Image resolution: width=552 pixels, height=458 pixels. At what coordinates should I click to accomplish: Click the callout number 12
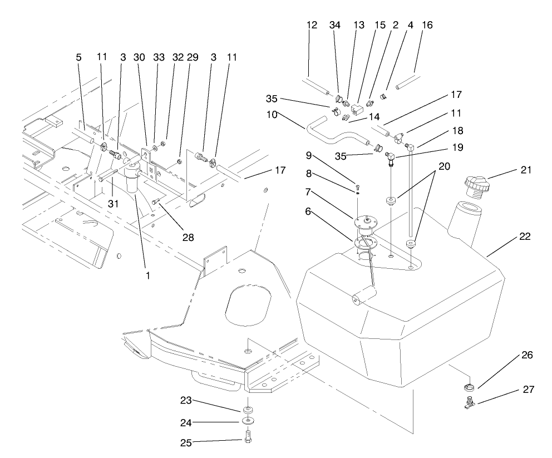click(312, 25)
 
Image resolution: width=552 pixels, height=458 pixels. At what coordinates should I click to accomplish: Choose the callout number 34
click(334, 25)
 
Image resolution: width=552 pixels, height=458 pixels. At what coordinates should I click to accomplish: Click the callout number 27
click(528, 390)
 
